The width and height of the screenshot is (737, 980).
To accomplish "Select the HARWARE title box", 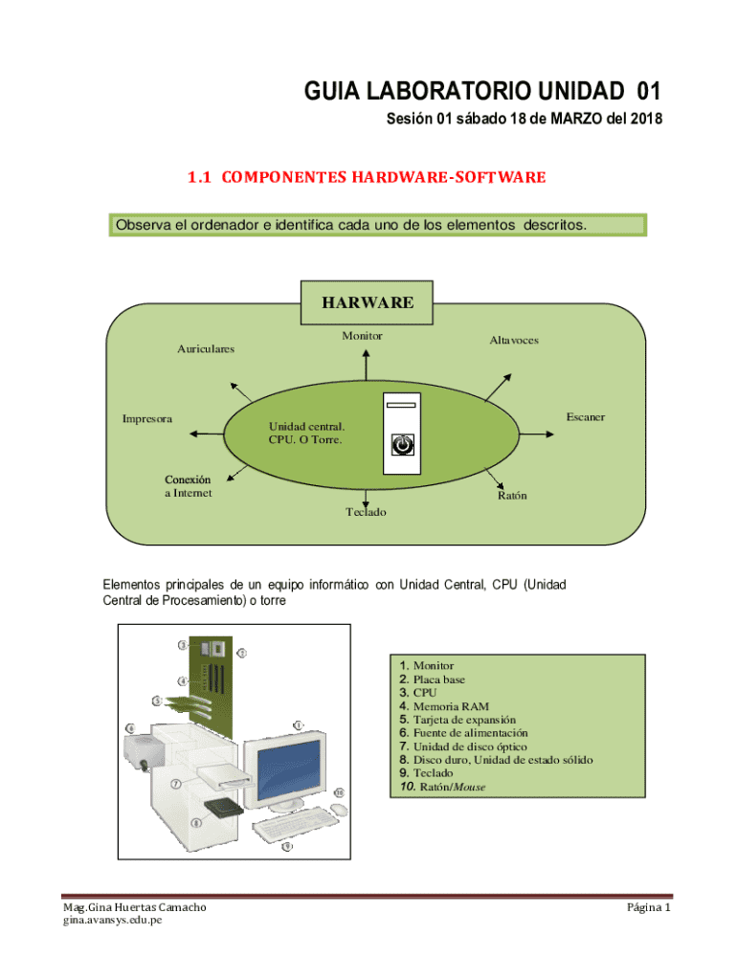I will pyautogui.click(x=368, y=303).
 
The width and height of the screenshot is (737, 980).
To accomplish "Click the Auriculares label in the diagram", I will pyautogui.click(x=205, y=349).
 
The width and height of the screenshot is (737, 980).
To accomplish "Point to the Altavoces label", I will pyautogui.click(x=513, y=341).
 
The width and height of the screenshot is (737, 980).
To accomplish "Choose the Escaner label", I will pyautogui.click(x=585, y=418).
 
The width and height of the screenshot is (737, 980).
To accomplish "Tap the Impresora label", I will pyautogui.click(x=147, y=419).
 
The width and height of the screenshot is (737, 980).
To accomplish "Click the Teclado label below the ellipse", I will pyautogui.click(x=366, y=513).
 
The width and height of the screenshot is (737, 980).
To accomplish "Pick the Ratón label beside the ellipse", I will pyautogui.click(x=511, y=497).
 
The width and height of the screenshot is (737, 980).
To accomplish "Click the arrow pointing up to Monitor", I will pyautogui.click(x=364, y=366).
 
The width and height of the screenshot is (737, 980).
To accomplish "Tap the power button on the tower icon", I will pyautogui.click(x=404, y=445).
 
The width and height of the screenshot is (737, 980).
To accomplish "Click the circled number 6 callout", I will pyautogui.click(x=131, y=729).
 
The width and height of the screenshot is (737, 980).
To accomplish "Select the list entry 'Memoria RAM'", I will pyautogui.click(x=444, y=706).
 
